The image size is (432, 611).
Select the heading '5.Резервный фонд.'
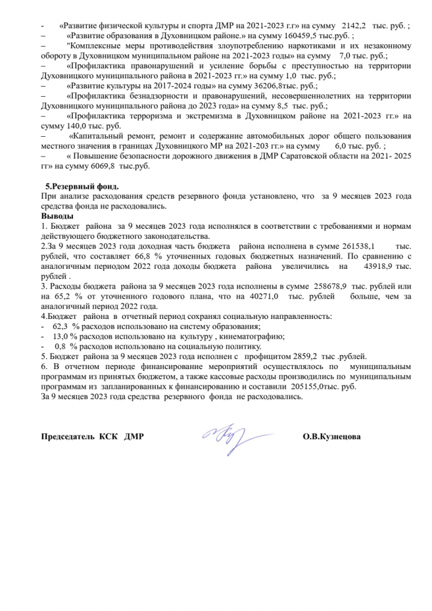[82, 186]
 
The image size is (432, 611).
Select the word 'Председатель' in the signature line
[67, 437]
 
